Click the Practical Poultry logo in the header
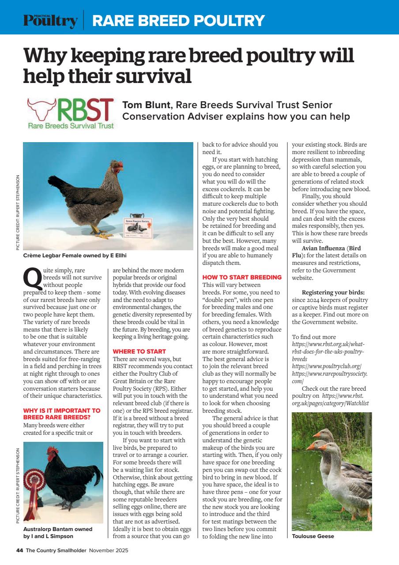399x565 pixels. (x=50, y=20)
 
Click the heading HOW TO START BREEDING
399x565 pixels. (x=242, y=277)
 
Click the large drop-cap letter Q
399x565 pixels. (x=32, y=278)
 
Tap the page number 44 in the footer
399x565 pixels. (x=19, y=550)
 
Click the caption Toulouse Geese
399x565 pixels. (x=313, y=536)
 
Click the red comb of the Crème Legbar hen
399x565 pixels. (x=117, y=164)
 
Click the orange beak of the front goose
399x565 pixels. (x=322, y=448)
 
